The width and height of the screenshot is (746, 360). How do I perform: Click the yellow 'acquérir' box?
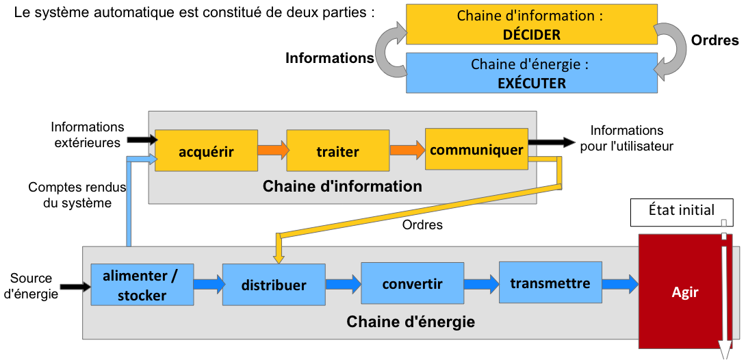206,151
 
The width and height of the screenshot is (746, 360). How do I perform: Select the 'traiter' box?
338,151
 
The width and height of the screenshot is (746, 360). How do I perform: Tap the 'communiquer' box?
476,149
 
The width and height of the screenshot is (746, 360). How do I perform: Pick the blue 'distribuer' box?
274,285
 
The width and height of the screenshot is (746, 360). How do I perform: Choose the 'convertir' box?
412,283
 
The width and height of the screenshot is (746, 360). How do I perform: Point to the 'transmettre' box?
550,283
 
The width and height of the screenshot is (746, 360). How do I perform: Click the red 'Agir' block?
685,292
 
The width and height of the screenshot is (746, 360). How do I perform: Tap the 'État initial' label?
681,211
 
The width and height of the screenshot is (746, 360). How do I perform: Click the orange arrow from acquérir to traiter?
272,150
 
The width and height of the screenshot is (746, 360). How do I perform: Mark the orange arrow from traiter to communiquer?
407,150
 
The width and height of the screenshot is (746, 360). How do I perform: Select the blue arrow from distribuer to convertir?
343,283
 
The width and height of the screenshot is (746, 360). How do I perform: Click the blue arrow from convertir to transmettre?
481,283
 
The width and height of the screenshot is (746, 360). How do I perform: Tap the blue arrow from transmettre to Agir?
620,283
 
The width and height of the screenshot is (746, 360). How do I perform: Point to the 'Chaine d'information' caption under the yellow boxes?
342,186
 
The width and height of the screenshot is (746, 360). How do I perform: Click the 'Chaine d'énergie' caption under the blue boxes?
411,322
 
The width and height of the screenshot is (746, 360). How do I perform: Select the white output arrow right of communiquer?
553,142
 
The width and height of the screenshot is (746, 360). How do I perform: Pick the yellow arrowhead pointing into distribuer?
279,257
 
